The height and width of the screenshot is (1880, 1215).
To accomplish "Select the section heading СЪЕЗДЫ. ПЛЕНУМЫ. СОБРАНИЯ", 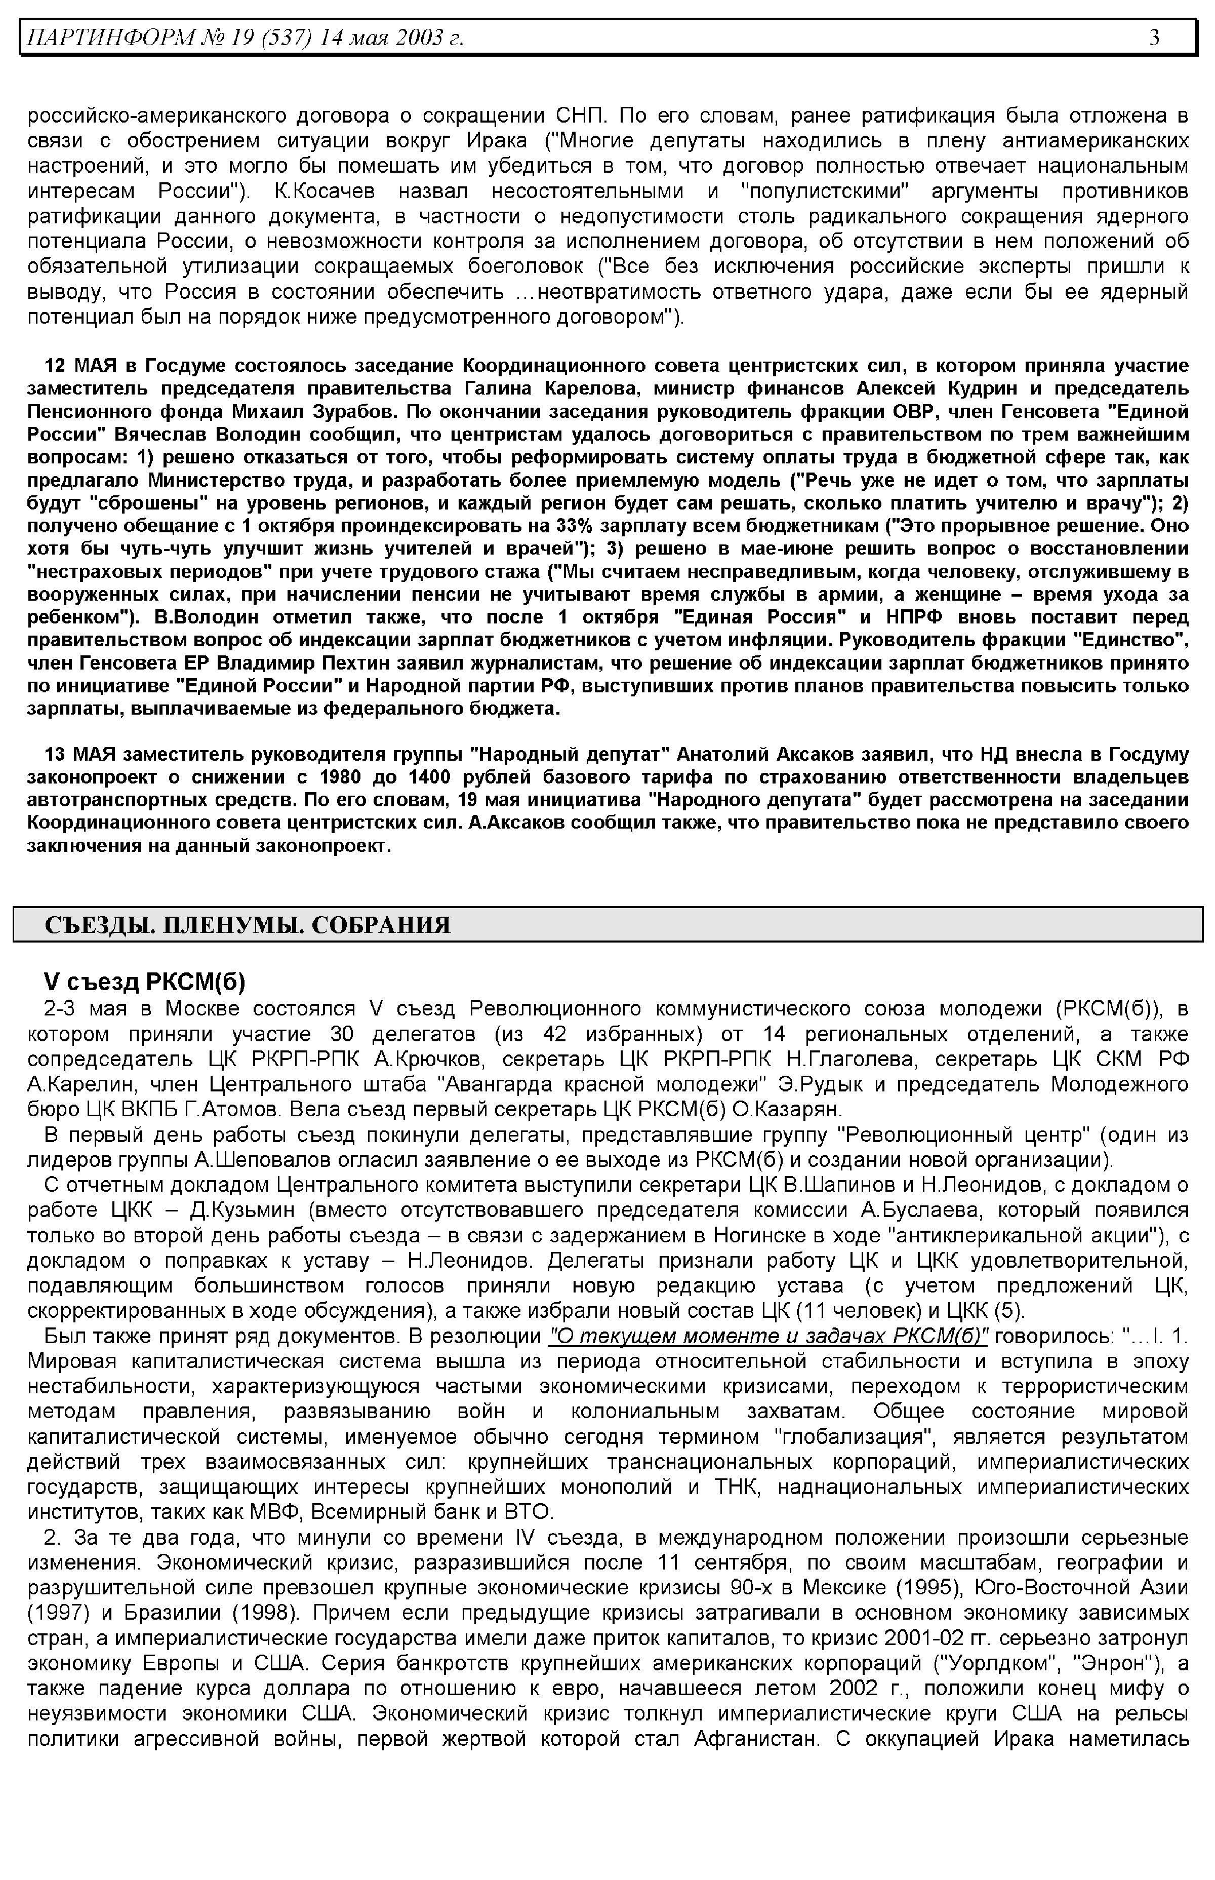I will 247,925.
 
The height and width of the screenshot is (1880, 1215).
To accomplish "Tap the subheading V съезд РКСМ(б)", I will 144,982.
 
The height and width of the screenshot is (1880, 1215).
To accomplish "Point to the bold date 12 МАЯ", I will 82,366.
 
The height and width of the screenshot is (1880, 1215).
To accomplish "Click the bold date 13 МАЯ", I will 82,755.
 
